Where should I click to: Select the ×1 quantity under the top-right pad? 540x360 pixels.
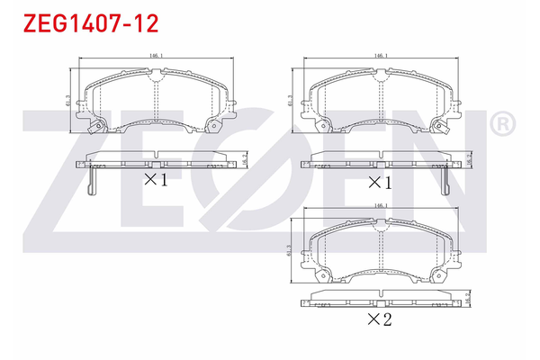coord(381,182)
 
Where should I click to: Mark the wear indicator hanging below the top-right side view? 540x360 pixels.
coord(443,182)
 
